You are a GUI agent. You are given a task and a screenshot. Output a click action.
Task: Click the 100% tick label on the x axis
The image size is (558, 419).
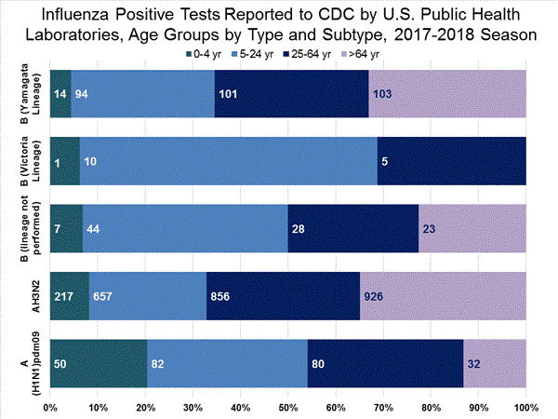(525, 407)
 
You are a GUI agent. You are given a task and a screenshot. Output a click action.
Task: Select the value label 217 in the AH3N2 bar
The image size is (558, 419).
(65, 297)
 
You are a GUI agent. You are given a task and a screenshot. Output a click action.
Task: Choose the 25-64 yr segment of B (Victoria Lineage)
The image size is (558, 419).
(452, 161)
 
